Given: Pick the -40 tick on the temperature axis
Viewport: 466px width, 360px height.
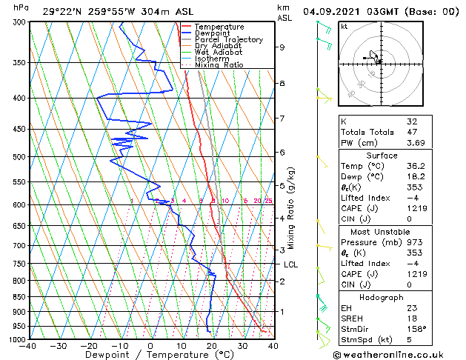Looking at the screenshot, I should click(x=28, y=346).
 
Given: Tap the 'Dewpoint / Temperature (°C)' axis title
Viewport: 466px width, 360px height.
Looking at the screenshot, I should click(x=149, y=355).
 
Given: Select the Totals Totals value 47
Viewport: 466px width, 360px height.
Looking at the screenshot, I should click(x=412, y=132).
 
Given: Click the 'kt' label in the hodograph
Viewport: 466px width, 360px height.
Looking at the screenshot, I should click(x=344, y=27).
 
